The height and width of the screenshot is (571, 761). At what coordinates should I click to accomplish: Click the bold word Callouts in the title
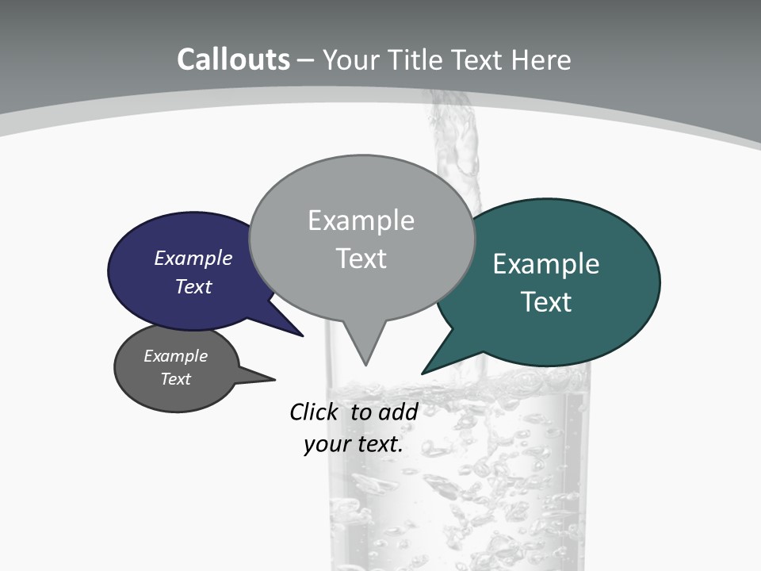(233, 59)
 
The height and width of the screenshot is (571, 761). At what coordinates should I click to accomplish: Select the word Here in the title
(541, 59)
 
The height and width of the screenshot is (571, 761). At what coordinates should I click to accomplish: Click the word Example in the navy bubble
(193, 258)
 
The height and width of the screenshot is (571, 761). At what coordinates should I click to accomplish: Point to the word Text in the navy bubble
(193, 286)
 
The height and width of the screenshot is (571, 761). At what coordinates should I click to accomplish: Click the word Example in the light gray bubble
(361, 220)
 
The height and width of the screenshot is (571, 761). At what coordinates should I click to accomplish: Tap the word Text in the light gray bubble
(361, 259)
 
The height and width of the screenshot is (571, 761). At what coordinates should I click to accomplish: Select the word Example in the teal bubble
(546, 264)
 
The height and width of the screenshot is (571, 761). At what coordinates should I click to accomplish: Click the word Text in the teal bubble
(546, 302)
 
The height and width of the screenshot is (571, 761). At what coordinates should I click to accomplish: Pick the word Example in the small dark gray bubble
(176, 356)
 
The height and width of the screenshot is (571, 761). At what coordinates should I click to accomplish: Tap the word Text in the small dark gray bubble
(176, 379)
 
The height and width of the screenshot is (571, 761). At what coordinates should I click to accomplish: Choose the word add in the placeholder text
(398, 412)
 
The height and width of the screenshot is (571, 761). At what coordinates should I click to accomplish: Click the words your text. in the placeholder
(354, 444)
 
